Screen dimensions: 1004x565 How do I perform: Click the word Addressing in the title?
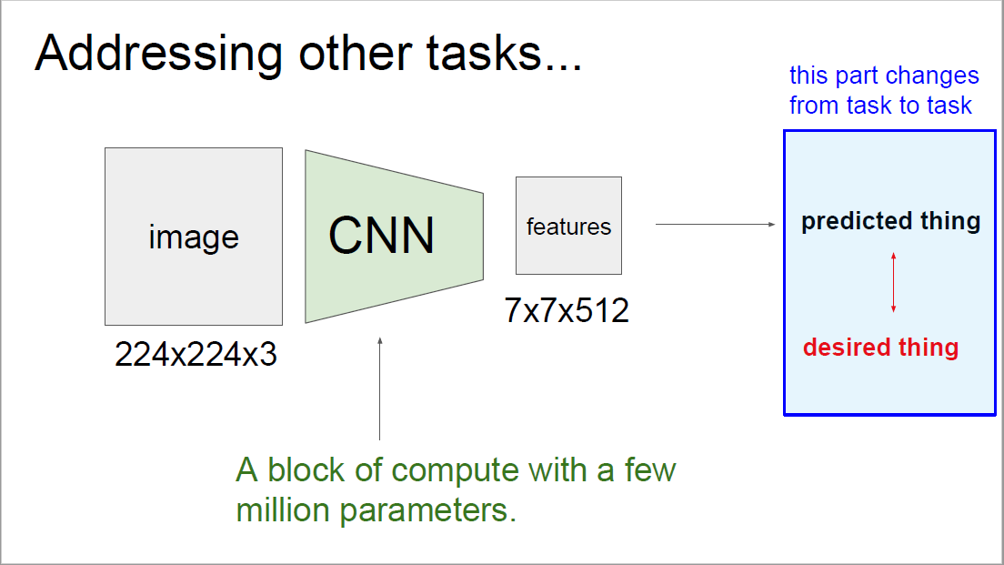151,55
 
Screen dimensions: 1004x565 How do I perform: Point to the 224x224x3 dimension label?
196,355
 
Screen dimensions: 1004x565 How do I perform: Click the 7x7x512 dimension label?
567,311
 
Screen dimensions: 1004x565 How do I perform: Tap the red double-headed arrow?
893,283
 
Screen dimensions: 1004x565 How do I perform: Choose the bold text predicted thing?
890,221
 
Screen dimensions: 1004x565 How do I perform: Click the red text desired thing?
880,348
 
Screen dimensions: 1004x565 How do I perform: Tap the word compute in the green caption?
457,470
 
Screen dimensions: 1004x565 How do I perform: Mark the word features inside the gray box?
568,227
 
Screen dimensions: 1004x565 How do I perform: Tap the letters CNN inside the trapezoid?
381,235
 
